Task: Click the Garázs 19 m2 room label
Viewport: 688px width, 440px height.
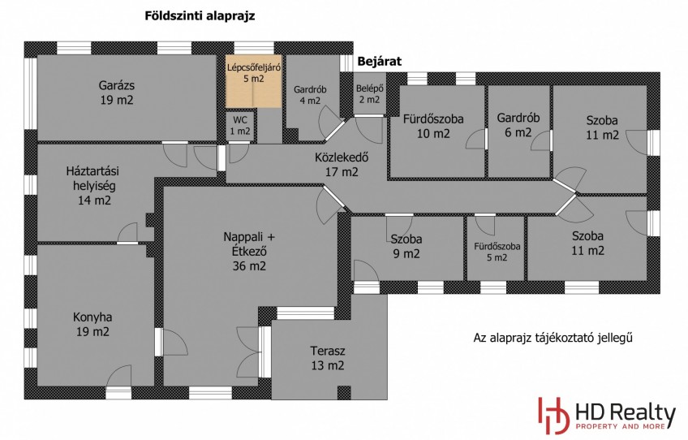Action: [x=116, y=93]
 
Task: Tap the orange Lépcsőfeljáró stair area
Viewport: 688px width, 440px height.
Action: [x=254, y=81]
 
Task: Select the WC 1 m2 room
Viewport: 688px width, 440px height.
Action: [x=240, y=127]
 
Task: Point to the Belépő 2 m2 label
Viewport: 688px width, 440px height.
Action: [x=369, y=94]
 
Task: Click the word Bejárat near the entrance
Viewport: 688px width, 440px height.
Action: [x=379, y=62]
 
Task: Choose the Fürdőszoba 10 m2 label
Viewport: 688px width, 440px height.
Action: [x=433, y=126]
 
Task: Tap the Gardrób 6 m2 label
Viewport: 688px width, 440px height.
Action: [x=518, y=125]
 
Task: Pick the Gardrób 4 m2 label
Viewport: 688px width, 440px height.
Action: [x=310, y=95]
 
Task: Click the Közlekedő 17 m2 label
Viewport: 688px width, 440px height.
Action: [x=342, y=164]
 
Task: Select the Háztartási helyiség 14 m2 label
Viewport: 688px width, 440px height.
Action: [x=92, y=186]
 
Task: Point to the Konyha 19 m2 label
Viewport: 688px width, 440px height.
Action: [x=92, y=324]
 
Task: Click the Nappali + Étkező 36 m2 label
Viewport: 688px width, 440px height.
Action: [x=249, y=251]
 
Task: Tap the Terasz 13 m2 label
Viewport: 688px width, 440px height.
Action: [x=328, y=358]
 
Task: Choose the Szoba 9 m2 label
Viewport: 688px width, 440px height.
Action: [x=406, y=246]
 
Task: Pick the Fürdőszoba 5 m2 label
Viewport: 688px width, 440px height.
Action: [x=497, y=252]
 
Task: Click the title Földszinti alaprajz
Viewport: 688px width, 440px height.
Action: [x=200, y=16]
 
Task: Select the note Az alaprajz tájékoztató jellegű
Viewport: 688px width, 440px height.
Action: [x=553, y=338]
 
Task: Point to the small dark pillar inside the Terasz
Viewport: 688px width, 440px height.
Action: [x=344, y=392]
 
